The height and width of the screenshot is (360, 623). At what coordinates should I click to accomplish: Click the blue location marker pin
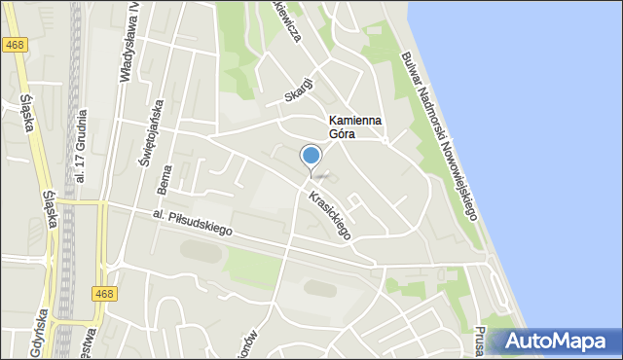click(x=311, y=157)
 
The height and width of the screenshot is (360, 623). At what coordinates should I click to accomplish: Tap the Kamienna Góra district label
click(x=353, y=127)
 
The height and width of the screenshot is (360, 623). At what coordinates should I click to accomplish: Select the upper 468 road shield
click(x=15, y=45)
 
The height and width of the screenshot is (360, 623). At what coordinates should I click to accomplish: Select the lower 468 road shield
click(x=106, y=293)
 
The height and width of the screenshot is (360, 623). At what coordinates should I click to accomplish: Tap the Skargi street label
click(x=299, y=89)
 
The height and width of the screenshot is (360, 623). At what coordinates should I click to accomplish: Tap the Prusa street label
click(x=481, y=341)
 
